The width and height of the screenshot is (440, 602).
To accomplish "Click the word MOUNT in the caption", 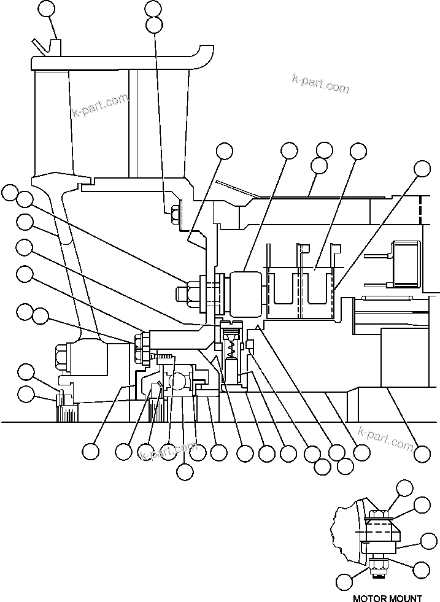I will (x=405, y=597).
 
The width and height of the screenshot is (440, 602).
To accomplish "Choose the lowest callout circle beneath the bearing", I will (x=184, y=471).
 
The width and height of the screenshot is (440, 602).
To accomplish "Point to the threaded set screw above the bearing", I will (x=163, y=357).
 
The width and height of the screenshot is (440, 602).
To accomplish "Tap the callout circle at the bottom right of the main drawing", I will (x=422, y=454).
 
